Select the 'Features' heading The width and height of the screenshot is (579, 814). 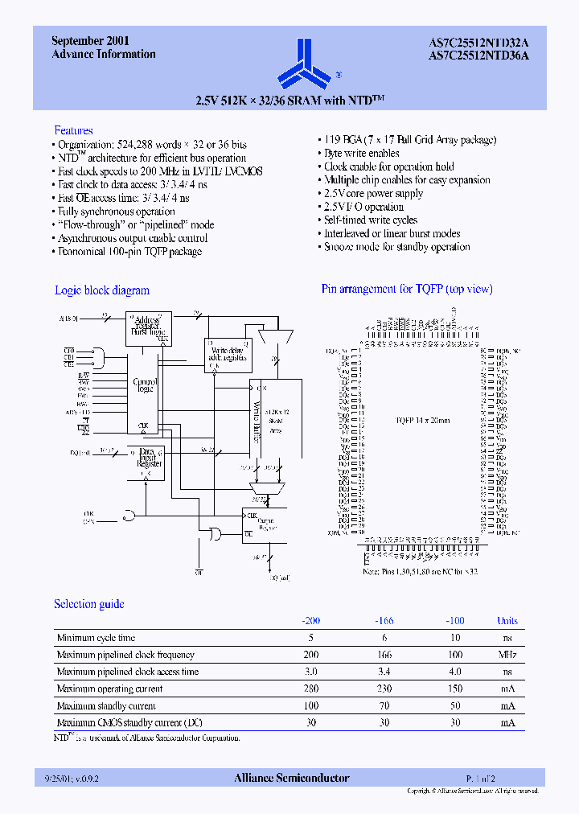point(73,130)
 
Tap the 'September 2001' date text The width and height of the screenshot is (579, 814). point(91,40)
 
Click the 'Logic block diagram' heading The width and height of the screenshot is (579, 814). point(102,290)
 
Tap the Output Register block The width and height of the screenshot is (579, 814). point(265,524)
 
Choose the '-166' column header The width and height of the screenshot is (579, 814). point(384,621)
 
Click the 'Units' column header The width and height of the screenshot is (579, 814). point(507,621)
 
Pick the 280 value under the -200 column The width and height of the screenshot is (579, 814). point(311,689)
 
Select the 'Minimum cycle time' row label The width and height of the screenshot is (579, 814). point(96,638)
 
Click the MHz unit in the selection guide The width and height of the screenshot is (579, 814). point(507,655)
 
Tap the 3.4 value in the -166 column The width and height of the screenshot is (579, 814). point(384,672)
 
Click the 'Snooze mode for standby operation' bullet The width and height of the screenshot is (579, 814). point(396,247)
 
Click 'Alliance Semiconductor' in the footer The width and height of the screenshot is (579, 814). point(291,778)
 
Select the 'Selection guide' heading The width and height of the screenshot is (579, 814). point(89,604)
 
